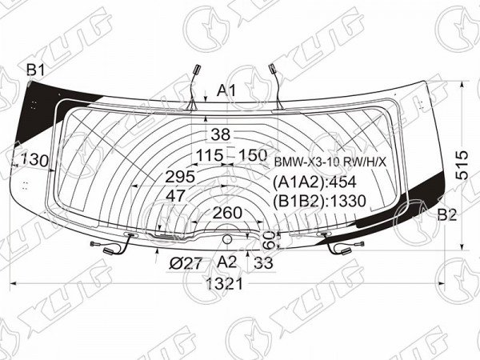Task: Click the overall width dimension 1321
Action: tap(225, 284)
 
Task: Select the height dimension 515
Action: tap(462, 165)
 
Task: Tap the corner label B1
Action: tap(36, 70)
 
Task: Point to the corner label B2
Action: tap(447, 214)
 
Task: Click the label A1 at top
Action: tap(227, 90)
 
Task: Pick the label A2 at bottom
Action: tap(227, 262)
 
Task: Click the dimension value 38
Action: tap(221, 134)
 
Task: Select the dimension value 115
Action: tap(210, 155)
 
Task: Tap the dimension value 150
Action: tap(253, 155)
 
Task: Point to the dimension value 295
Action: tap(180, 177)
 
